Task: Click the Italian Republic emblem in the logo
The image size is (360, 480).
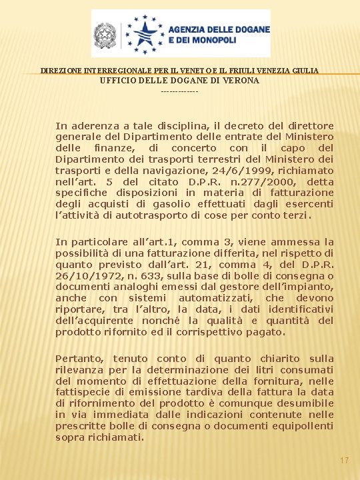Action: click(105, 34)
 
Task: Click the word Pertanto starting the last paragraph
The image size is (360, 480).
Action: click(80, 358)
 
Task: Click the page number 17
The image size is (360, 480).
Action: click(344, 461)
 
